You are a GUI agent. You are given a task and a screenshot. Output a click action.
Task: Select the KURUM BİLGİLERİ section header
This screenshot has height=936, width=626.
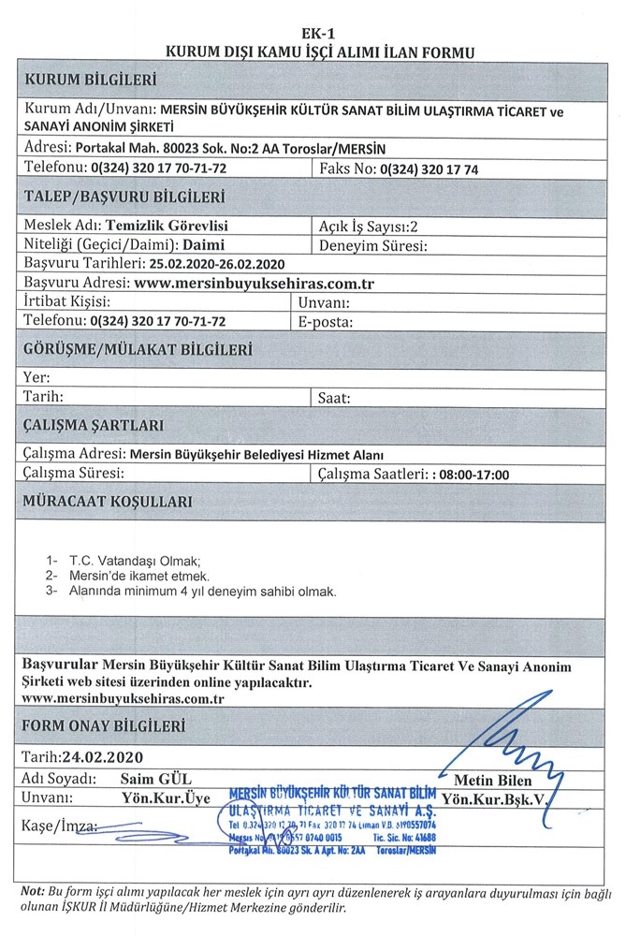pyautogui.click(x=91, y=78)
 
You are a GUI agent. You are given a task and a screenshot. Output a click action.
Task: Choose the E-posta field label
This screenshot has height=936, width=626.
pyautogui.click(x=326, y=320)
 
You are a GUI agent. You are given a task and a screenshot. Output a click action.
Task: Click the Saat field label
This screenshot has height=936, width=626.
pyautogui.click(x=334, y=397)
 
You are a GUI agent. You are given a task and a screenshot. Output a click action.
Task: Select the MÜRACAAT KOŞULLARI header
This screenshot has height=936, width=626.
pyautogui.click(x=109, y=502)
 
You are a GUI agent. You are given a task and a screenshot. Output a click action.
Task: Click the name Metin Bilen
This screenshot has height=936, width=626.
pyautogui.click(x=492, y=781)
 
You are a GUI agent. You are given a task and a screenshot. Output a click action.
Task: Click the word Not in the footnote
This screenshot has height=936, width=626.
pyautogui.click(x=32, y=892)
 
